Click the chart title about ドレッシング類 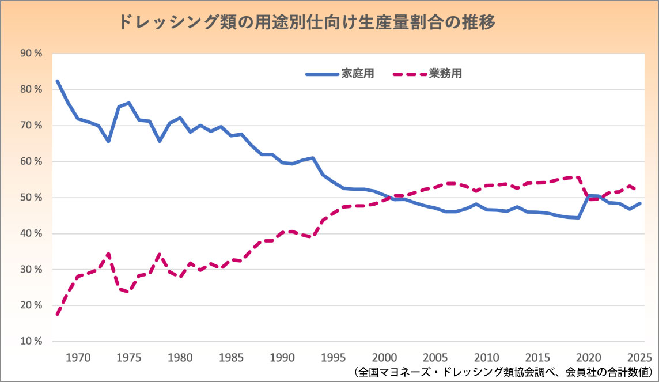(307, 22)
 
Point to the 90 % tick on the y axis (32, 54)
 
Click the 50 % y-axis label (32, 198)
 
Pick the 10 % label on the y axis (32, 341)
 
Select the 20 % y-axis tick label (32, 305)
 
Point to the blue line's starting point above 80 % (58, 81)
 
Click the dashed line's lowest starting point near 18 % (58, 314)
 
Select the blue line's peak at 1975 (128, 103)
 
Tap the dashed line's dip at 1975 (128, 291)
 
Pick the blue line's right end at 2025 (640, 203)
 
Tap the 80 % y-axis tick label (32, 90)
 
